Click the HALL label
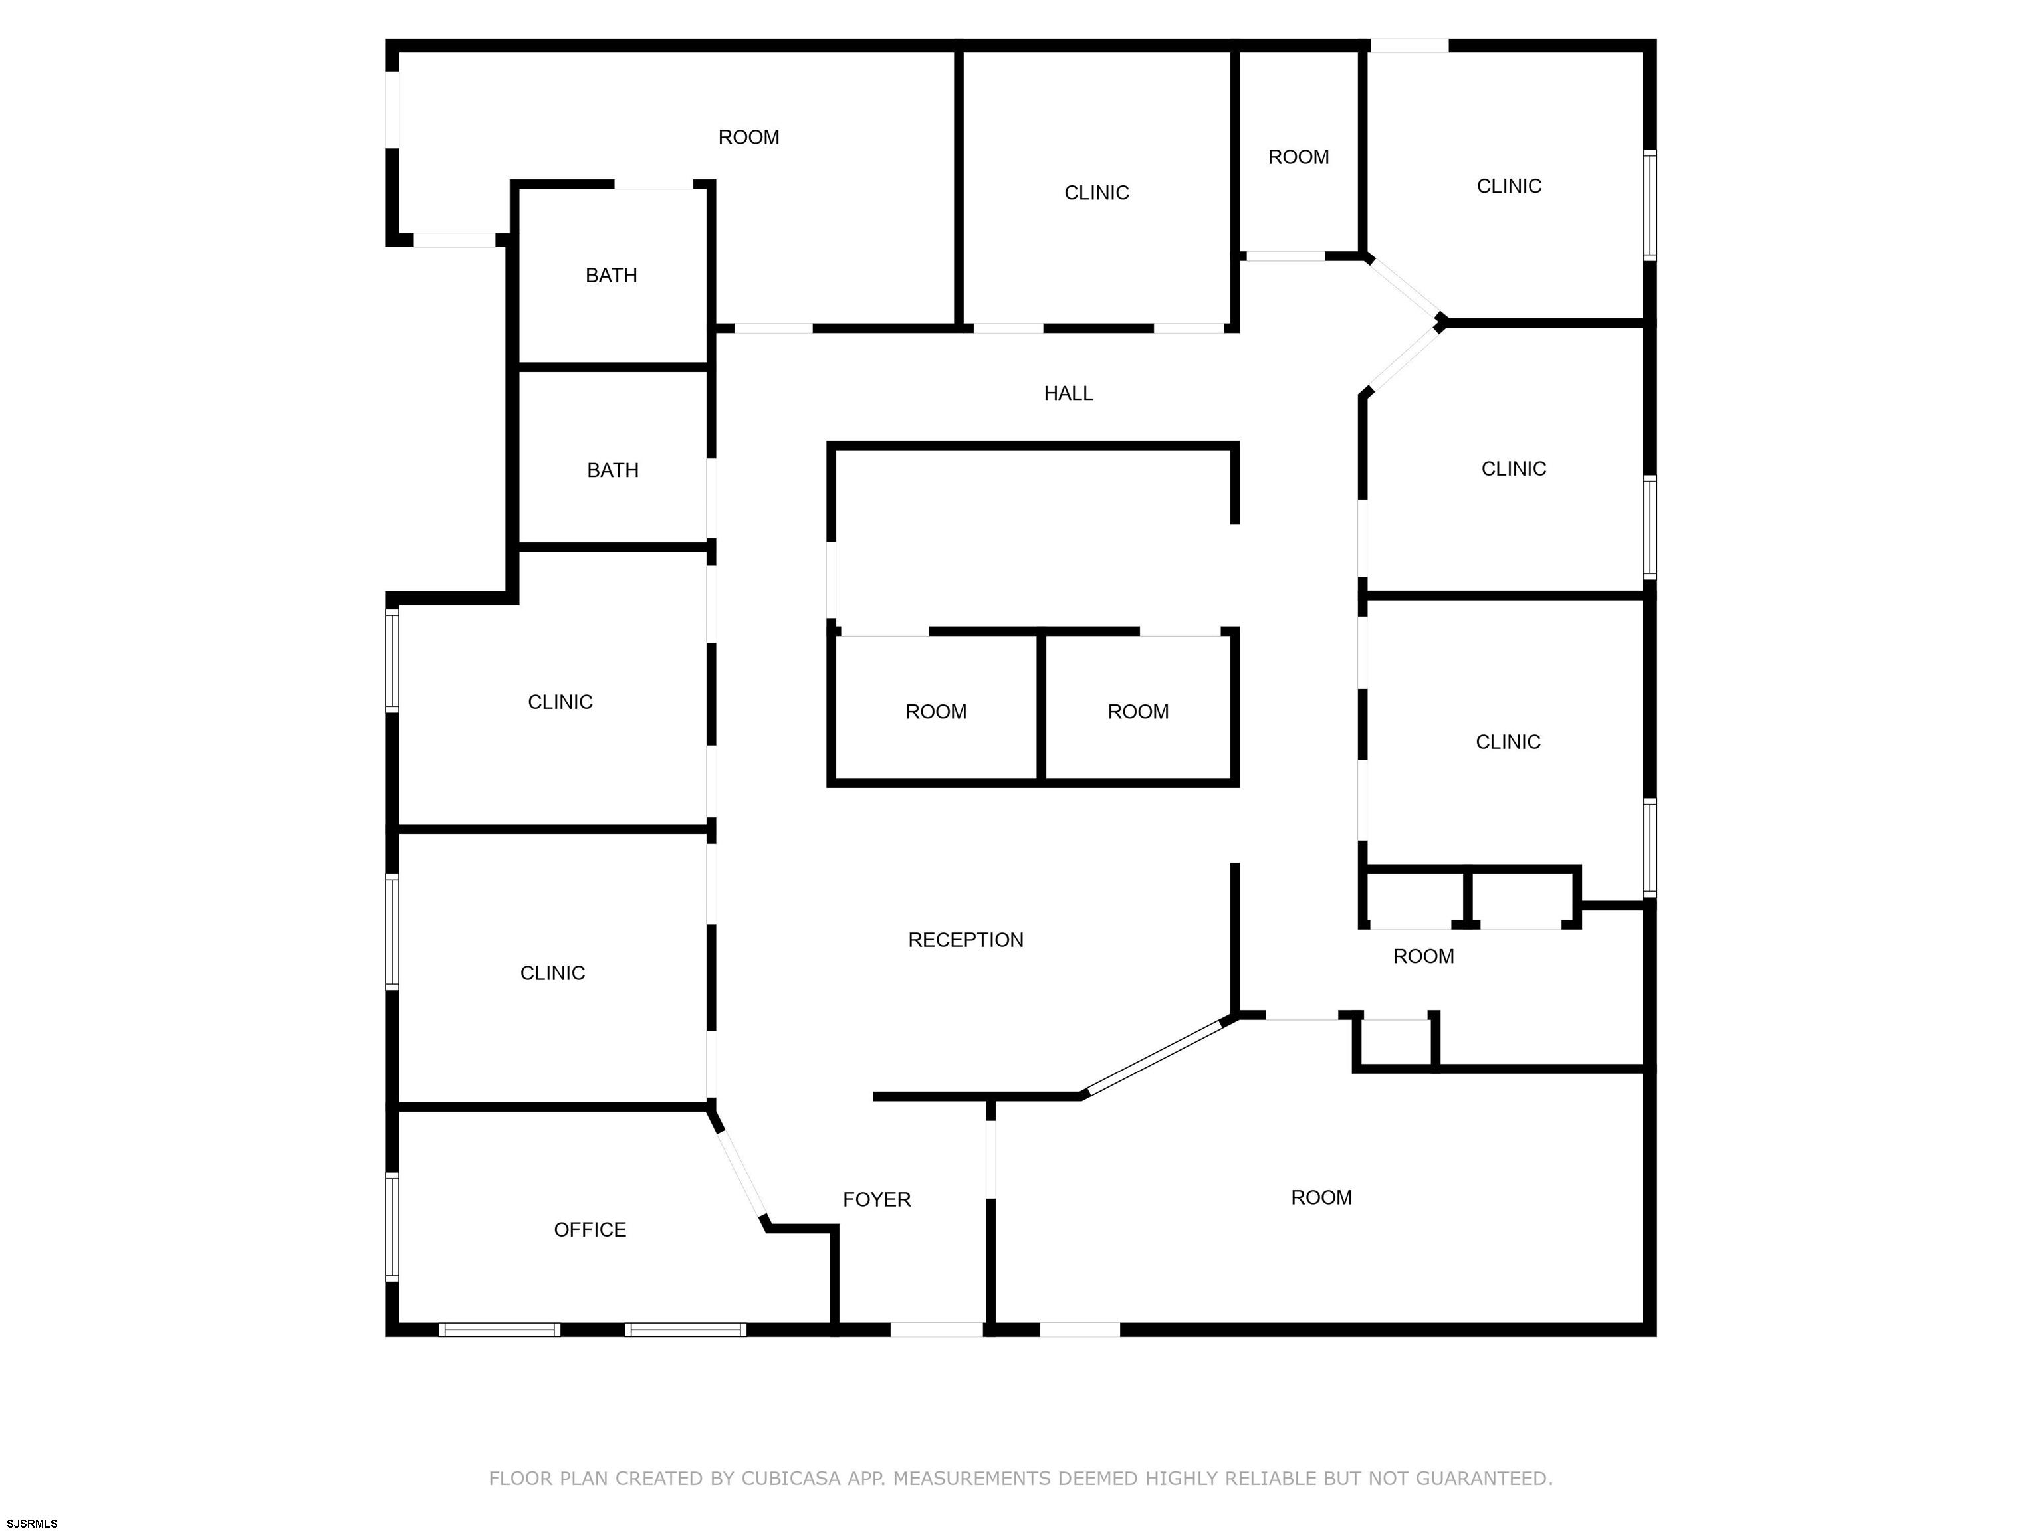click(1068, 394)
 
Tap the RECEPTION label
click(966, 940)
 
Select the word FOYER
click(877, 1199)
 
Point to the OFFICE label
click(590, 1230)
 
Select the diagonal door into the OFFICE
click(740, 1172)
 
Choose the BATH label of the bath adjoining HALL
click(613, 470)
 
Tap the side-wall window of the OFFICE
click(392, 1227)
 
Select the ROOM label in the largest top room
click(748, 138)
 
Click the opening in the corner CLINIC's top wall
click(1409, 45)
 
